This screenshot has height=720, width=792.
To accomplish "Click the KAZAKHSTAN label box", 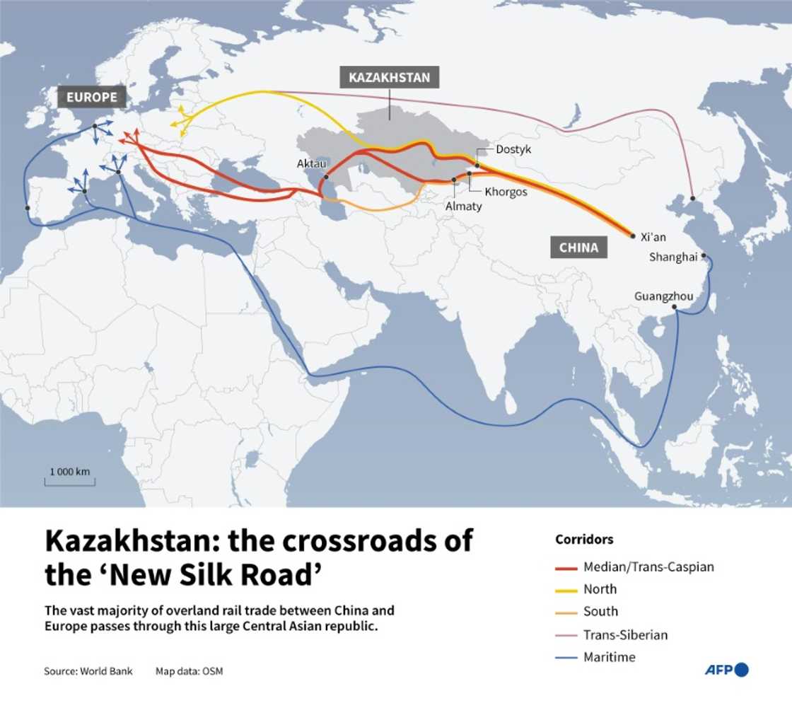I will coord(389,78).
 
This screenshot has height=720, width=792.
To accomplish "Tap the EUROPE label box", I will coord(92,97).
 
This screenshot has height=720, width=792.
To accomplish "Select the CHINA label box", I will coord(578,248).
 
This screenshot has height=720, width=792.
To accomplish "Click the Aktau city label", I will coord(311,164).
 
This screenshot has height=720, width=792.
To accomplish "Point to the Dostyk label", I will coord(513,150).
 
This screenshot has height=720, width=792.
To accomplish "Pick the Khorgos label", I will coord(506,192).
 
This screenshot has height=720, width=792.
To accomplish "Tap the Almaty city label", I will coord(463,206).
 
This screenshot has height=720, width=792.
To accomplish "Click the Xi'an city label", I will coord(653,237).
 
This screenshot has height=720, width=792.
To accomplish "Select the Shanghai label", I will coord(673,257).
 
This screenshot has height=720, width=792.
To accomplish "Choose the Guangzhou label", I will coord(663,296).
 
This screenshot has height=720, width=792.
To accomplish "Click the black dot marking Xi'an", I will coord(632,236).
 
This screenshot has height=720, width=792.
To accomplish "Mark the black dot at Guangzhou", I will coord(675,307).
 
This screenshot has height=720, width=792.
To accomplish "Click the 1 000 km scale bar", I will coord(69,482).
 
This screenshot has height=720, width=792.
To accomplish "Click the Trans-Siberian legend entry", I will coord(625,634).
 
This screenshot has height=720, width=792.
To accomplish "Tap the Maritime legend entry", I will coord(609,657).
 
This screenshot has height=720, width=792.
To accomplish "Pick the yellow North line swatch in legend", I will coord(566,590).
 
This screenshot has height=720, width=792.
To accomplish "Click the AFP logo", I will coord(726,670).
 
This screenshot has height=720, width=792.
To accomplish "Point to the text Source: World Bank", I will coord(88,670).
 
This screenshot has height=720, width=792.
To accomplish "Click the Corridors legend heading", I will coord(584,540).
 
